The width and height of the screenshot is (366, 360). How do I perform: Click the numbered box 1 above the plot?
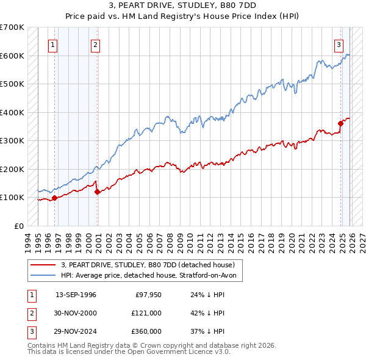tap(54, 44)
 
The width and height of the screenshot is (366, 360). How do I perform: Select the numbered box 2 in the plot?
tap(96, 44)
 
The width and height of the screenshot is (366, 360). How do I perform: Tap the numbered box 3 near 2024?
tap(339, 44)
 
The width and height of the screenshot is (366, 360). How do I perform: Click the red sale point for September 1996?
tap(54, 198)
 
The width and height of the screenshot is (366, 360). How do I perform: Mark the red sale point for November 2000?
tap(98, 192)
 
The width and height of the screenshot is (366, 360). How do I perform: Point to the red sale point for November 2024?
tap(340, 124)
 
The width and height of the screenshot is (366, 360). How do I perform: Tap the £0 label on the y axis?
tap(18, 226)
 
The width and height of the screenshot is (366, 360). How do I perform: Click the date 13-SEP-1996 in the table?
tap(76, 295)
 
